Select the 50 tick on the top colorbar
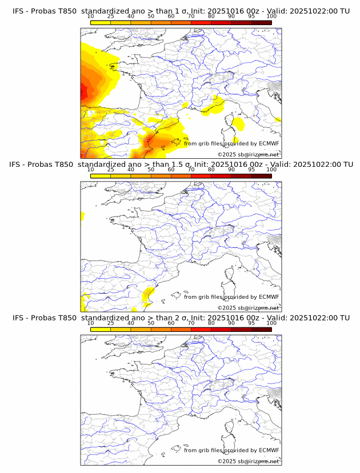tap(151, 17)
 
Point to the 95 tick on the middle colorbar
tap(251, 170)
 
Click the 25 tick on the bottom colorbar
tap(111, 323)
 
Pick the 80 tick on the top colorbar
tap(211, 17)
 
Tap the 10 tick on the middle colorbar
tap(91, 170)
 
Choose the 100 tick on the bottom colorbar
tap(271, 323)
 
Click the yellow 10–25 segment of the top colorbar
tap(101, 22)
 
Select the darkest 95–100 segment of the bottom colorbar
tap(261, 329)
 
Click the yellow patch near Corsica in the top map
tap(238, 123)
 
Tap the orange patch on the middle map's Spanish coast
tap(148, 294)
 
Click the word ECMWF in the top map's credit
tap(269, 143)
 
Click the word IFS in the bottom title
tap(19, 318)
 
